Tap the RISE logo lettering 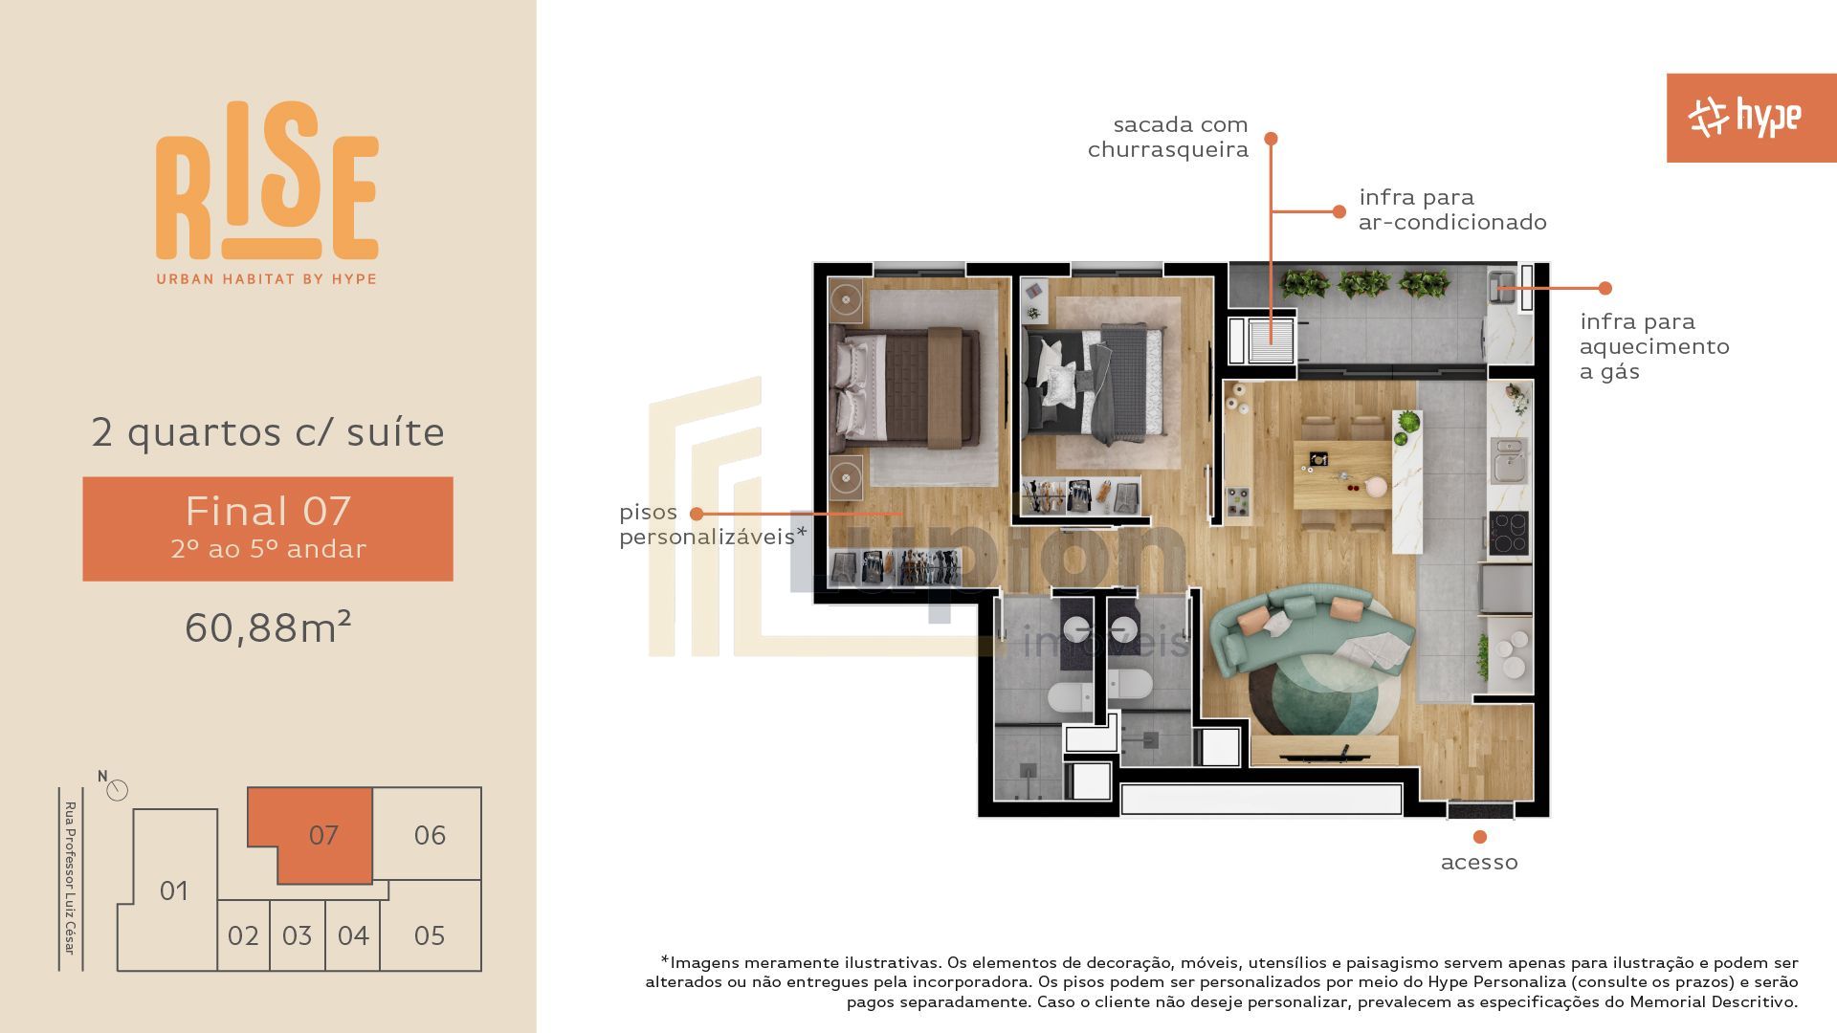(x=267, y=182)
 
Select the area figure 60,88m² (x=268, y=627)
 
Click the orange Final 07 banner (x=268, y=529)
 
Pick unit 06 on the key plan (x=429, y=834)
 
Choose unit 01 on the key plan (x=172, y=890)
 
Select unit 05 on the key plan (x=430, y=934)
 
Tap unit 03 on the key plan (x=297, y=935)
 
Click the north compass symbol (x=117, y=790)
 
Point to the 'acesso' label (x=1479, y=863)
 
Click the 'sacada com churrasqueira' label (x=1168, y=137)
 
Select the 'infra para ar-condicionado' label (x=1452, y=209)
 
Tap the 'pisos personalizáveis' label (x=713, y=524)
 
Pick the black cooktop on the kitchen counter (x=1509, y=533)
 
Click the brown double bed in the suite (x=908, y=388)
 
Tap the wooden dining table (x=1342, y=475)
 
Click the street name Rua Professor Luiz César (x=70, y=877)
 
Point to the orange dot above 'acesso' (x=1480, y=837)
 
